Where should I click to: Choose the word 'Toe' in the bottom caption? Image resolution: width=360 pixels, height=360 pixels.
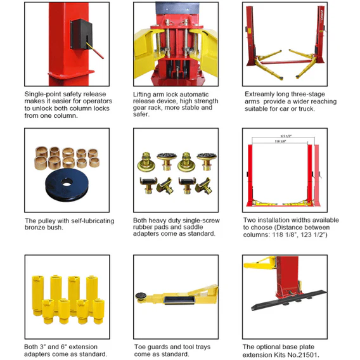(x=141, y=347)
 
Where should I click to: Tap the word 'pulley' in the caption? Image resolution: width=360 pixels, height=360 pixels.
(x=49, y=221)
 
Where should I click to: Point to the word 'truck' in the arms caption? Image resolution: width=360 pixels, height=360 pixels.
(x=316, y=108)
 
